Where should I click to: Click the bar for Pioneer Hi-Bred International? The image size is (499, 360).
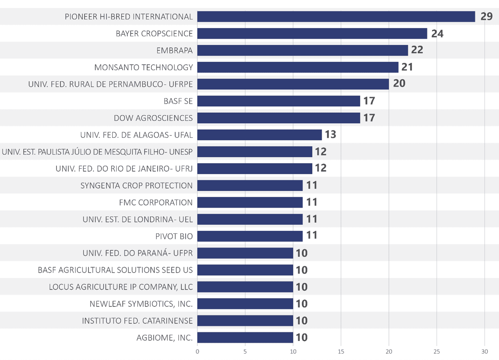336,17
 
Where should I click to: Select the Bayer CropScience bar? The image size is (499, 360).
312,33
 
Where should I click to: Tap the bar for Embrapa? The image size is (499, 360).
302,50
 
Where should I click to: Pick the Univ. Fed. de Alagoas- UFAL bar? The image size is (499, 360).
259,135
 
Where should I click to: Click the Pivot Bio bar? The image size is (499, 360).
250,236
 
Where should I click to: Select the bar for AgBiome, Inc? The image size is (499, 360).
245,337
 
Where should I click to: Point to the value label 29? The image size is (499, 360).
486,16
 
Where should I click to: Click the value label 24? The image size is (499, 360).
437,33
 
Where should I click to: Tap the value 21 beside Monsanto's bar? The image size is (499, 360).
407,67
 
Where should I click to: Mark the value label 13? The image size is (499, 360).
330,134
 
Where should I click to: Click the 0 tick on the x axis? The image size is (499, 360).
197,352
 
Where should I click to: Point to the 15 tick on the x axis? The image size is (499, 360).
341,352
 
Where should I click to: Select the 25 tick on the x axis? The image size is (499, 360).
437,352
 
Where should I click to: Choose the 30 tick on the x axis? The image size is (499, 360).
485,352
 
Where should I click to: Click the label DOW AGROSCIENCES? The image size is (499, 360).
153,118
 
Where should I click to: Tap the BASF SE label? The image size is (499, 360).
178,101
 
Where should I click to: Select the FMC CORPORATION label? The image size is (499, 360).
156,202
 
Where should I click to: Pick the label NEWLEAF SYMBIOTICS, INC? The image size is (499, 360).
141,304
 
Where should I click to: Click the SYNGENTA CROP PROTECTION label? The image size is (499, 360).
136,185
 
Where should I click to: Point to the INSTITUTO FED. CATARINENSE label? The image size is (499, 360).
137,321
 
